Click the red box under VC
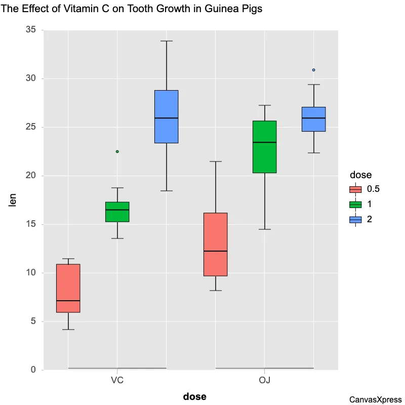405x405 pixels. [68, 288]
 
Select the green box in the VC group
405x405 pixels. [117, 212]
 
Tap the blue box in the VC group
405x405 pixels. [166, 116]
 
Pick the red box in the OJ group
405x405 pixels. [215, 245]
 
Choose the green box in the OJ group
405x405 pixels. [264, 147]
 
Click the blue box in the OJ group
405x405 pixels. [313, 119]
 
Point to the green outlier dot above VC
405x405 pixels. [117, 151]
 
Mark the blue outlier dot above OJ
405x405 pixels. [313, 70]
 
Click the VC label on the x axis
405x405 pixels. [117, 380]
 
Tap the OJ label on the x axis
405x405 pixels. [264, 380]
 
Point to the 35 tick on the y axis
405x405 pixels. [31, 30]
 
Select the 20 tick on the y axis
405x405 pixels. [31, 176]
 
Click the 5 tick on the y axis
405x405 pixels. [33, 321]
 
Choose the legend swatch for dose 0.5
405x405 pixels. [355, 189]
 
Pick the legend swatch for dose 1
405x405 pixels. [355, 205]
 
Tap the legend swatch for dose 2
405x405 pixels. [355, 220]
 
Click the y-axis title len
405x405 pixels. [14, 200]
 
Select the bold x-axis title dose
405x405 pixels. [194, 396]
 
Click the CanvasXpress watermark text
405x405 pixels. [376, 399]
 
